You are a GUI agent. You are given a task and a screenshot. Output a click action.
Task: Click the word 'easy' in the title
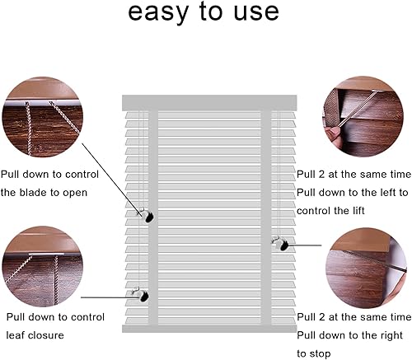(158, 12)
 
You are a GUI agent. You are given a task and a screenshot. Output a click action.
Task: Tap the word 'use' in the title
(256, 12)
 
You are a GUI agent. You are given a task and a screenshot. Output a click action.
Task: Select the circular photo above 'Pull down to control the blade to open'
(43, 117)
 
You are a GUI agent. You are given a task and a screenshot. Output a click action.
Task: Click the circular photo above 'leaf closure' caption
(43, 266)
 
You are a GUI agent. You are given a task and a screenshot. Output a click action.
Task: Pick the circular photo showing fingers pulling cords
(363, 117)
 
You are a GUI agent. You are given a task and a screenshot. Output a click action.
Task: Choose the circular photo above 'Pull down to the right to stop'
(366, 268)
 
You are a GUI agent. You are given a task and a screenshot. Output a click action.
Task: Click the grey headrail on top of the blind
(209, 103)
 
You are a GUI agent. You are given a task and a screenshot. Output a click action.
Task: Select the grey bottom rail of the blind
(209, 329)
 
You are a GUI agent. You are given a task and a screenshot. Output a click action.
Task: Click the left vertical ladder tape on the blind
(153, 217)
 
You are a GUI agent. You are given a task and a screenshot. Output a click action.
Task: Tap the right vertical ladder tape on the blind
(266, 217)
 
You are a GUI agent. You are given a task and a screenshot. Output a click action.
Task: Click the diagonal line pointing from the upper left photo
(112, 180)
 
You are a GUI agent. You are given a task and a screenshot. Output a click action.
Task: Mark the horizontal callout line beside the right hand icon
(305, 245)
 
